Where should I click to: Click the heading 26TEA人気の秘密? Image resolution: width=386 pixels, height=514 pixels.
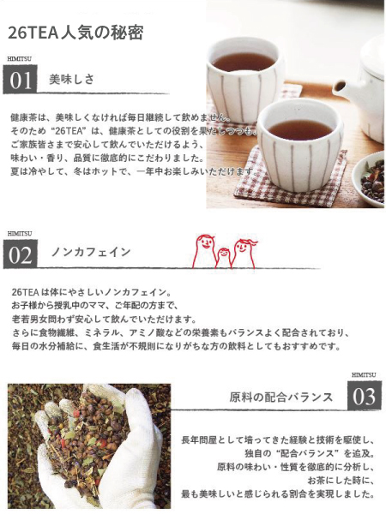point(75,33)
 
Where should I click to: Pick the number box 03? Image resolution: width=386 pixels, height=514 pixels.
point(365,396)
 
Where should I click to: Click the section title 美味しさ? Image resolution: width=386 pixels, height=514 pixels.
point(72,80)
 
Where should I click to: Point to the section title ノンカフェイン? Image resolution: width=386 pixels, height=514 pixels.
point(91,253)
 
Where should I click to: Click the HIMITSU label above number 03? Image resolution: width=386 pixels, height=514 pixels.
point(364,374)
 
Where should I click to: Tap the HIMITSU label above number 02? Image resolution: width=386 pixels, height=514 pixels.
point(20,233)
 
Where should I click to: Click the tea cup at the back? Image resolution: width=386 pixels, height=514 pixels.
point(245,69)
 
